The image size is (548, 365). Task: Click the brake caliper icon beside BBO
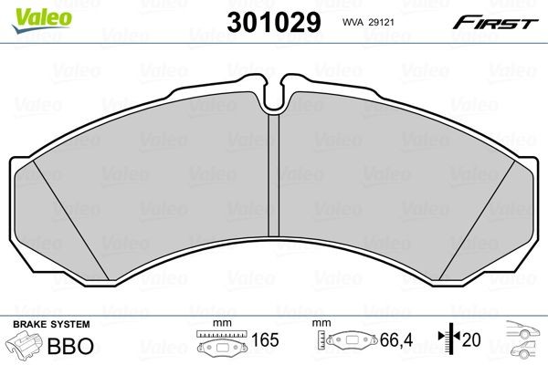pyautogui.click(x=26, y=348)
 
